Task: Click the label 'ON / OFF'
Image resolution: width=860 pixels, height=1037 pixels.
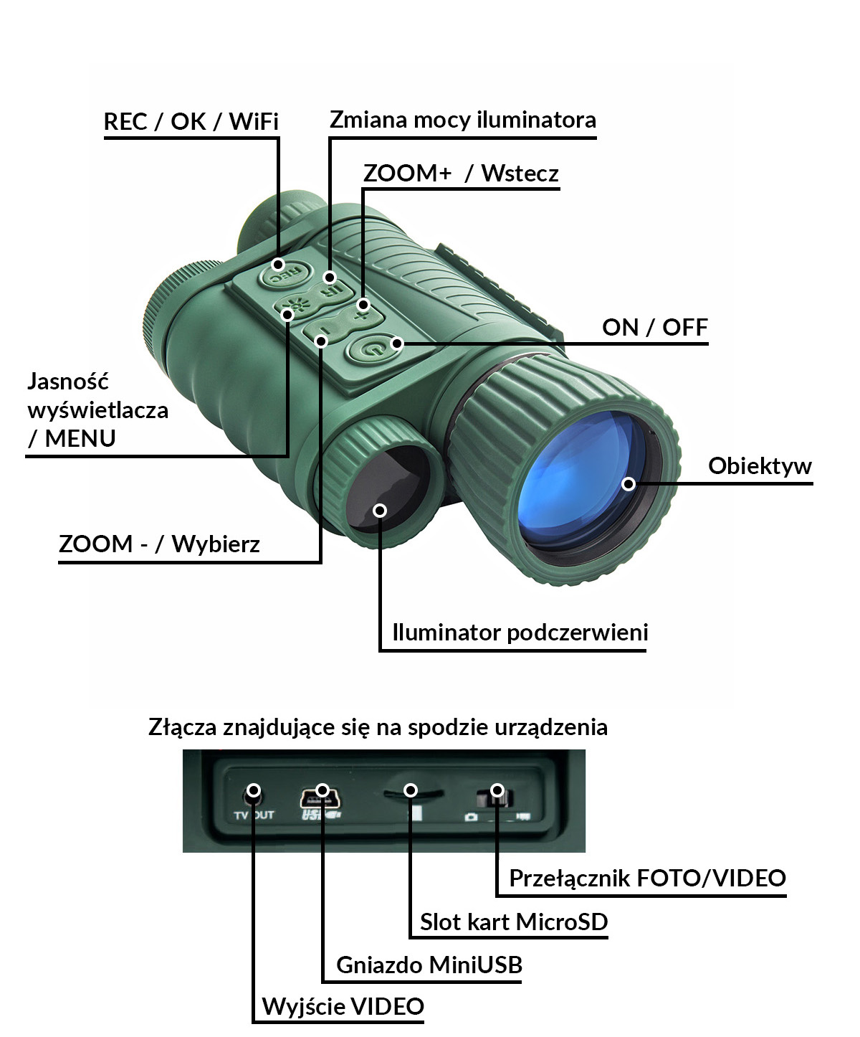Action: click(x=654, y=328)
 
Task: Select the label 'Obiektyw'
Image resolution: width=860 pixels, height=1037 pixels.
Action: click(x=759, y=466)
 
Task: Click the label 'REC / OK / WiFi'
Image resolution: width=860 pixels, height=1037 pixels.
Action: click(x=191, y=122)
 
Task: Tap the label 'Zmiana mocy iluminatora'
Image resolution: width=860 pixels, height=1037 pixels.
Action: click(x=462, y=120)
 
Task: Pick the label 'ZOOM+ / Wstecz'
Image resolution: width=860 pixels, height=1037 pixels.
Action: click(x=460, y=174)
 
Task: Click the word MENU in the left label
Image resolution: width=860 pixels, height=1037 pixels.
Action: click(x=80, y=438)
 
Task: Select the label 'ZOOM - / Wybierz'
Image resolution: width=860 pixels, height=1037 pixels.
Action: click(x=159, y=544)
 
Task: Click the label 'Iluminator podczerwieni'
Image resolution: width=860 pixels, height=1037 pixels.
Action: click(x=520, y=633)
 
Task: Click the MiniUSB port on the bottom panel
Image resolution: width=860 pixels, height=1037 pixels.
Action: click(x=321, y=795)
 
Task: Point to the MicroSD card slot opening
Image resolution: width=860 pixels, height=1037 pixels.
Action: click(x=411, y=793)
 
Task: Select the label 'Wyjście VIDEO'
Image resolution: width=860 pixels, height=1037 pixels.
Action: click(x=343, y=1007)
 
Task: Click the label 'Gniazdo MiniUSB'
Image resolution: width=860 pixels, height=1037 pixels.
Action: click(x=429, y=965)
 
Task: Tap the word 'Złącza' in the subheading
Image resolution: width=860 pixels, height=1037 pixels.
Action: click(x=182, y=727)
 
